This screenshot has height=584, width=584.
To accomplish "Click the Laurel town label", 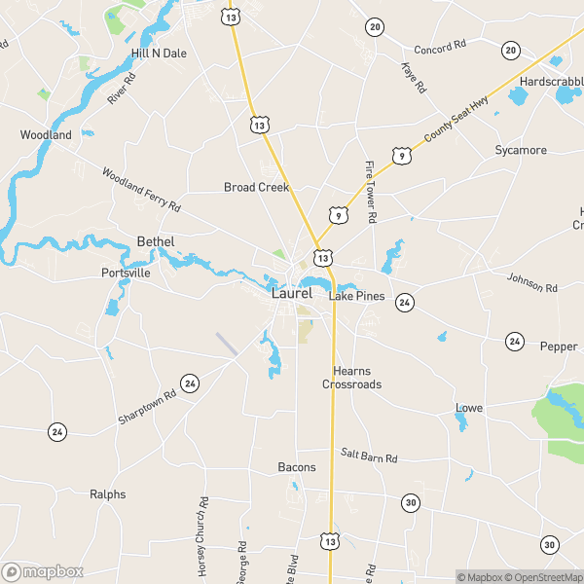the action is point(292,293).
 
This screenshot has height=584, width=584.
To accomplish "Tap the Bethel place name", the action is point(156,241).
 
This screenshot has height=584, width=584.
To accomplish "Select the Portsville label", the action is point(127,274).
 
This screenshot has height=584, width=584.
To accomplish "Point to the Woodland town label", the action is point(46,135).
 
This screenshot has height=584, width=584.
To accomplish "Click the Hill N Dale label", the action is point(159,54).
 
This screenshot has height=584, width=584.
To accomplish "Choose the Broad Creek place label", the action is point(257,187).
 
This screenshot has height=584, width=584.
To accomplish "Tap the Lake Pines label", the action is point(357,296).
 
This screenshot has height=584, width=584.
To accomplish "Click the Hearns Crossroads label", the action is point(352,378).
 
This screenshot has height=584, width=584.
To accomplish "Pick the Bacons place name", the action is point(297,467).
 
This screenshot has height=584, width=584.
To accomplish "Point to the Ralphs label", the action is point(108,494).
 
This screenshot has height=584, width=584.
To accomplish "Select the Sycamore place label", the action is point(521,151).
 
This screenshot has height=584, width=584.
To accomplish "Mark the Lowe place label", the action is point(469,408).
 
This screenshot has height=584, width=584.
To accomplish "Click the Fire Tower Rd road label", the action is point(370,193).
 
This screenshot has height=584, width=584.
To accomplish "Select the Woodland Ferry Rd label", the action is point(142,190).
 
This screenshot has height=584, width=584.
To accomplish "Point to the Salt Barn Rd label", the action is point(369,456).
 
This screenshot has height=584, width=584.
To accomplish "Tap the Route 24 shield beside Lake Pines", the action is point(405,303).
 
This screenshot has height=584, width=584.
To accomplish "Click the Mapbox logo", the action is point(43,571).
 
